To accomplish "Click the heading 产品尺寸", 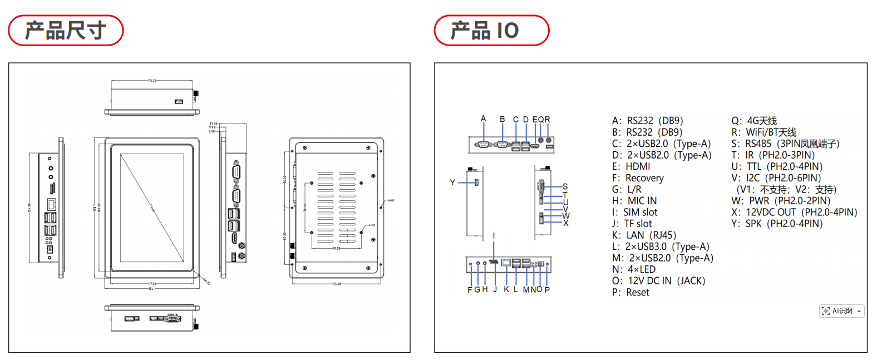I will [66, 31].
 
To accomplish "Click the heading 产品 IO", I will [485, 31].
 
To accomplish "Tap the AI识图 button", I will [841, 311].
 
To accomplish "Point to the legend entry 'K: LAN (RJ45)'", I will [644, 235].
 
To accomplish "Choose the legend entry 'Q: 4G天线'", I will [754, 121].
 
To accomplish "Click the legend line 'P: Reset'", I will [630, 292].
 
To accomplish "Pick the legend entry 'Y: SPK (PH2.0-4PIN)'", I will [777, 223].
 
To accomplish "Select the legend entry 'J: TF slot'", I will [632, 223].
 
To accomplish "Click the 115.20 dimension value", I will [151, 81].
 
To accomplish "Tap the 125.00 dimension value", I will [336, 284].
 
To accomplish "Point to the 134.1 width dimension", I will [152, 288].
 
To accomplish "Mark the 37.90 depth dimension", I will [213, 124].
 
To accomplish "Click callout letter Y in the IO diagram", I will [452, 183].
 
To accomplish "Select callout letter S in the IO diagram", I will [565, 187].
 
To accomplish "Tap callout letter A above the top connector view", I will [484, 119].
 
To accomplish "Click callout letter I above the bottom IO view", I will [494, 236].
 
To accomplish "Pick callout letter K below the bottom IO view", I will [506, 289].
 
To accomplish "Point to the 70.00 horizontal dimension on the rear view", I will [336, 248].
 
